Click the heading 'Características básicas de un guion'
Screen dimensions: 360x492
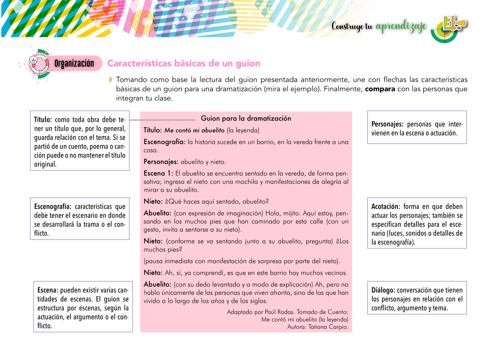click(183, 63)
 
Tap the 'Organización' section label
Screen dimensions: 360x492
click(74, 63)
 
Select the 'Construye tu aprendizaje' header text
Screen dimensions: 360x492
click(379, 26)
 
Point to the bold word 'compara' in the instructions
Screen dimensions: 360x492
click(380, 89)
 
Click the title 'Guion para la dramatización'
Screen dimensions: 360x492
click(246, 118)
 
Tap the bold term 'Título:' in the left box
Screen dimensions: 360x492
click(43, 120)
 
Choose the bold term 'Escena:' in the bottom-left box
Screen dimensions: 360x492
click(48, 290)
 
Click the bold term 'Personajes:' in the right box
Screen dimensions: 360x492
click(388, 124)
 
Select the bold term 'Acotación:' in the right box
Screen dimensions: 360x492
click(386, 207)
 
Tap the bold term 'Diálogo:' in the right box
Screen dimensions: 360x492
click(383, 290)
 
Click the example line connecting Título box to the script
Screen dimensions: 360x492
click(163, 120)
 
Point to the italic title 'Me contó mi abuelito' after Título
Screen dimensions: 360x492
click(194, 130)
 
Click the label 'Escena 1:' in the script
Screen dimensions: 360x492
click(158, 173)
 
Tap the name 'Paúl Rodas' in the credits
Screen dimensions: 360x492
click(280, 312)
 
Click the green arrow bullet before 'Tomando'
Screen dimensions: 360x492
click(110, 80)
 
